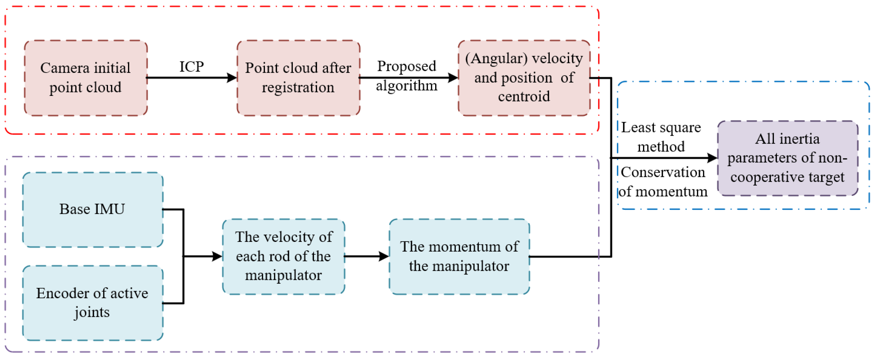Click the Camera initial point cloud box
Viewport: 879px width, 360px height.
point(86,78)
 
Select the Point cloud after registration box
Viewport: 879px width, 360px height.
point(298,78)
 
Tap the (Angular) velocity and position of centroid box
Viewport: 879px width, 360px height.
point(524,78)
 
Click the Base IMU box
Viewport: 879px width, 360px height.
point(92,210)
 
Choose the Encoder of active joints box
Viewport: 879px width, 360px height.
point(92,303)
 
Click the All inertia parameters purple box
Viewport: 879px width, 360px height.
point(788,158)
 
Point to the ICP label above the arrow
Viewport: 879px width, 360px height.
point(192,66)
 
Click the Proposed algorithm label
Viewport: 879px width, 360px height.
point(407,76)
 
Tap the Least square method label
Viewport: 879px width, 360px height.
point(661,137)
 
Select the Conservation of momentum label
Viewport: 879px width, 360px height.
point(663,182)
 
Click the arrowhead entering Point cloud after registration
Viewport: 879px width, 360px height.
point(232,78)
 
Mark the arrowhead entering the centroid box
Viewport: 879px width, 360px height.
point(453,78)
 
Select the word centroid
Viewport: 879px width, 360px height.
point(524,97)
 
